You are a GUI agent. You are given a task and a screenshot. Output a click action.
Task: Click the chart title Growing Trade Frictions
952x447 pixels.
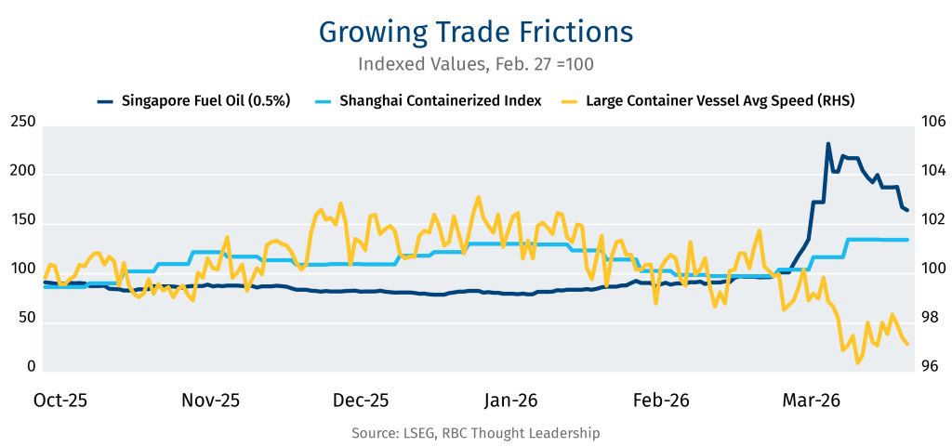475,31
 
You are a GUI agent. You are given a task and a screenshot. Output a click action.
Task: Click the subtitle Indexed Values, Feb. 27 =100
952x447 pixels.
475,65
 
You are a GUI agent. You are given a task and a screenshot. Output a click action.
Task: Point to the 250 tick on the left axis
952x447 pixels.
22,123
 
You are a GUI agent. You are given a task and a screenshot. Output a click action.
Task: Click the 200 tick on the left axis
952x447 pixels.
22,172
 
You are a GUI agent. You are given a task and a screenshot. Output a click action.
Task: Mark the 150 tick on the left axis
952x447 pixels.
22,220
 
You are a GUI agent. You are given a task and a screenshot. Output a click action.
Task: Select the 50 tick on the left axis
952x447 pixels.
25,318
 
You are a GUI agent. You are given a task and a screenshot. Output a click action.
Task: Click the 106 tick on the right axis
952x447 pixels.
931,123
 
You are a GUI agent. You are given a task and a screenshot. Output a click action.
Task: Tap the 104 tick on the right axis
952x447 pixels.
931,172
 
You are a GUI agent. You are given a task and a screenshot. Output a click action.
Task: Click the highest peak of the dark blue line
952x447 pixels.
827,144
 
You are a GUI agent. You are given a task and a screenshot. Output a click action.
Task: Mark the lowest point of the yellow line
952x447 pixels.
857,362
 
